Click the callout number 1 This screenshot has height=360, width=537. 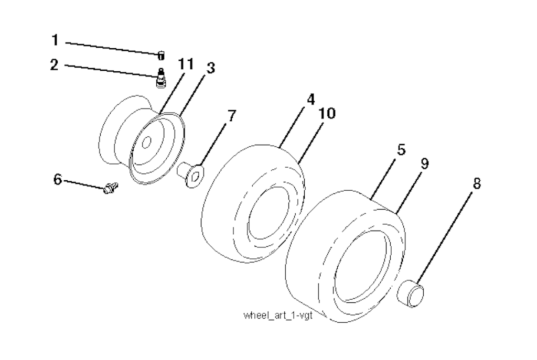55,40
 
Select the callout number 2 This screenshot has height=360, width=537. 55,65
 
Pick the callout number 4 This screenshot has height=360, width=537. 310,98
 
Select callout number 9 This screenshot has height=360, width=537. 424,164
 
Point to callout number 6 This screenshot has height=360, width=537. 57,179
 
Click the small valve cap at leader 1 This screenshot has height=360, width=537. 162,53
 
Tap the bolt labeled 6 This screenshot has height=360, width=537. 111,188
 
